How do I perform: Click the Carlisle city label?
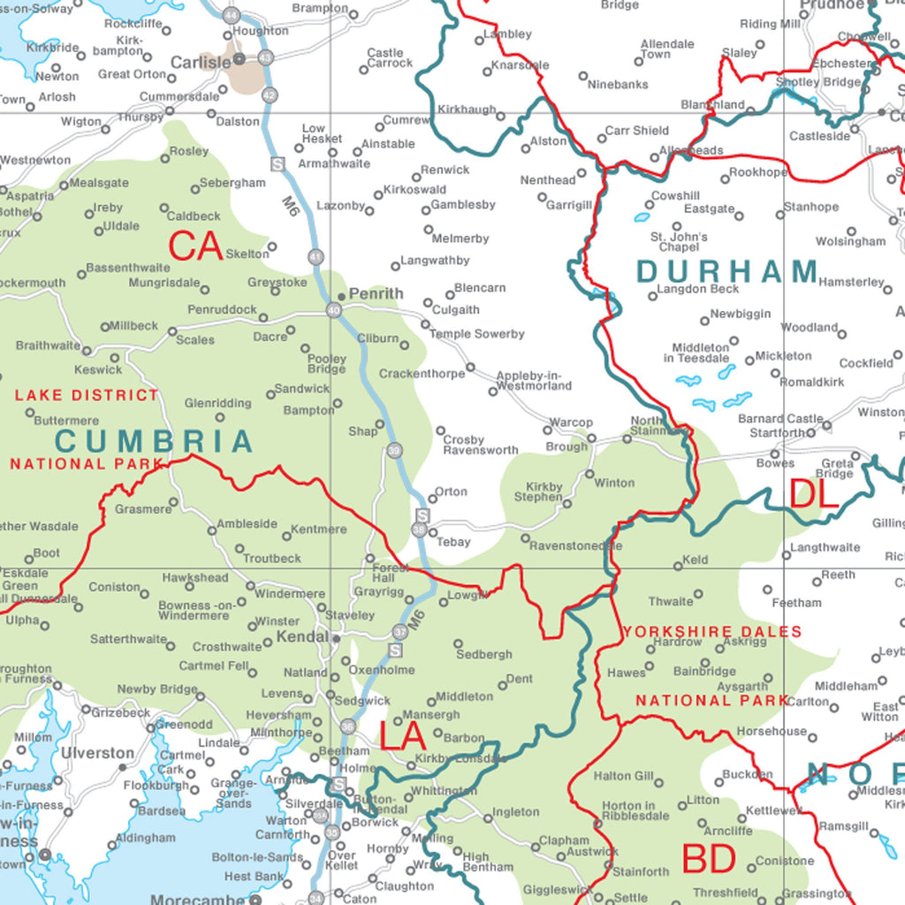(200, 63)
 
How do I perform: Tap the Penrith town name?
(376, 293)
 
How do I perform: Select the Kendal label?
(302, 636)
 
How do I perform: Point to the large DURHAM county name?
(727, 271)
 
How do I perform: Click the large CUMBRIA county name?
(155, 441)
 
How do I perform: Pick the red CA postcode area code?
(195, 247)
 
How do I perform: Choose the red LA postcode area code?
(404, 736)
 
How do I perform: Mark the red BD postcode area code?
(709, 858)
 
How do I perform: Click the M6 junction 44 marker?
(232, 16)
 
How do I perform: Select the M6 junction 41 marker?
(316, 257)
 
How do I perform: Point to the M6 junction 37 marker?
(400, 632)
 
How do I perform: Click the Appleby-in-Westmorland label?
(534, 381)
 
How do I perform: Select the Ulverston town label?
(97, 753)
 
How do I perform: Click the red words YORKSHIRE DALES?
(712, 632)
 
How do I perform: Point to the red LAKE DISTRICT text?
(87, 395)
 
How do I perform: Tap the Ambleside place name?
(247, 523)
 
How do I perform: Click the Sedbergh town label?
(484, 655)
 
